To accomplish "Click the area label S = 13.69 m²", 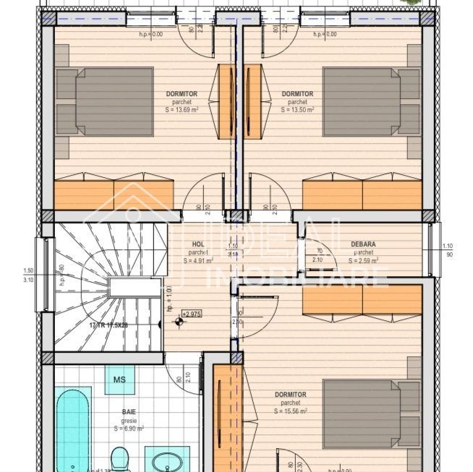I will pos(177,111).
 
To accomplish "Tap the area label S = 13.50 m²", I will pos(297,111).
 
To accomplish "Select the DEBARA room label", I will pos(363,244).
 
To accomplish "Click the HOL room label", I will pos(197,244).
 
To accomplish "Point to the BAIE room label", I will pos(129,411).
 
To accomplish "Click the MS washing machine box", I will pos(119,380).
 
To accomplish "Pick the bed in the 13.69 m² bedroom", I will pos(106,101).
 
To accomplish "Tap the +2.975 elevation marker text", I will pos(192,314).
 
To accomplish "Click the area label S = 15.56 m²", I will pos(291,411).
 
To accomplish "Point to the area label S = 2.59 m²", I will pos(363,260).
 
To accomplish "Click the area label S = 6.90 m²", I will pos(129,428).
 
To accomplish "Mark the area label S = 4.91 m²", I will pos(197,260).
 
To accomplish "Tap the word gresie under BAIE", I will pos(129,419).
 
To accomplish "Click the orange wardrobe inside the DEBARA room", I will pos(362,299).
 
